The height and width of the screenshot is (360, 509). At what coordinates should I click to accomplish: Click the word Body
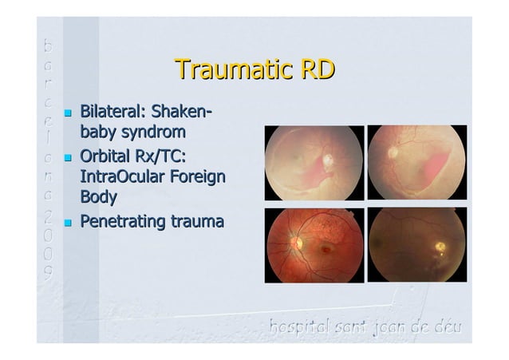[98, 196]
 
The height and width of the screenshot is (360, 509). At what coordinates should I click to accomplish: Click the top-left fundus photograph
[314, 164]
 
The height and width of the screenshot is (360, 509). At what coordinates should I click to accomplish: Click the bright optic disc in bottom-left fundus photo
[297, 240]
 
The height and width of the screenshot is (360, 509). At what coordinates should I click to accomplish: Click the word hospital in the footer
[299, 327]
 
